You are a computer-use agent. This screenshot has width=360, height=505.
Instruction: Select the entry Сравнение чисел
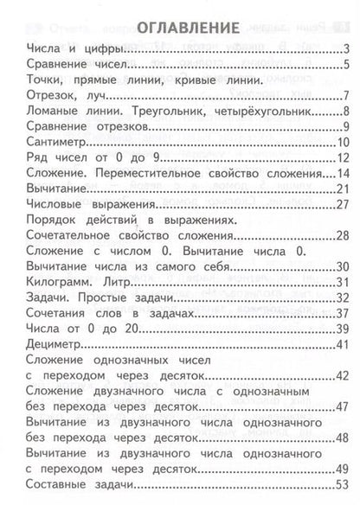point(78,65)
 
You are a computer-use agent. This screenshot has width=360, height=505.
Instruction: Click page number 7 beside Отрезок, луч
point(345,96)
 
